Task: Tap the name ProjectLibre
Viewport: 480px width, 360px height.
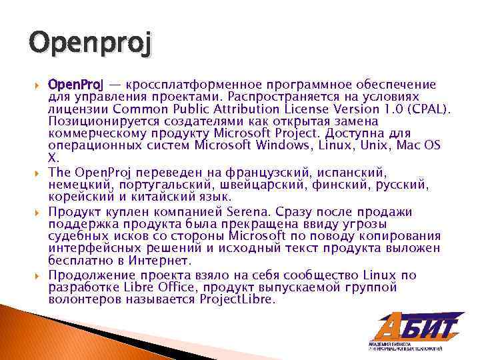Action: coord(237,300)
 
